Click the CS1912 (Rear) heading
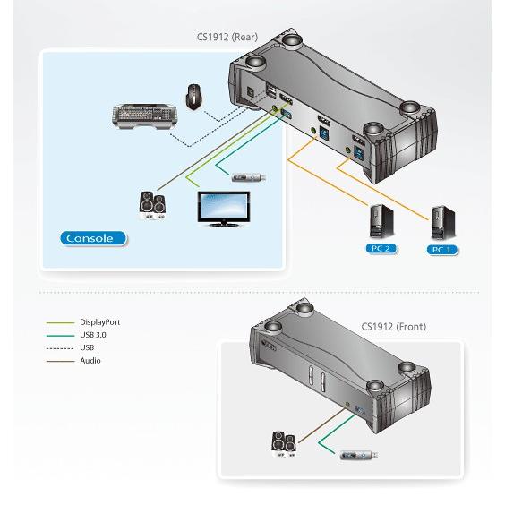pos(227,37)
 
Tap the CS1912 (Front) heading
pos(394,327)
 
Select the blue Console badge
pos(93,238)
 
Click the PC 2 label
pos(381,249)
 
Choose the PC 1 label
pos(442,250)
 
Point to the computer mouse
pos(194,97)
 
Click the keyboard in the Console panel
pos(144,116)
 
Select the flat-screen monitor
pos(224,209)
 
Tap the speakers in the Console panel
pos(152,205)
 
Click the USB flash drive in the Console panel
pos(249,177)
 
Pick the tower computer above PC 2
pos(381,221)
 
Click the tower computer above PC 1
pos(443,223)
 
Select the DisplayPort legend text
pos(100,322)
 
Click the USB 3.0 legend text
pos(93,335)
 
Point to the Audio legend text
pos(90,361)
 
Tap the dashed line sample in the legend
pos(60,348)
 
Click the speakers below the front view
pos(284,444)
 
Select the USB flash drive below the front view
pos(359,456)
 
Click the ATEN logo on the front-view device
pos(269,345)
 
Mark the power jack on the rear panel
pos(250,93)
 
